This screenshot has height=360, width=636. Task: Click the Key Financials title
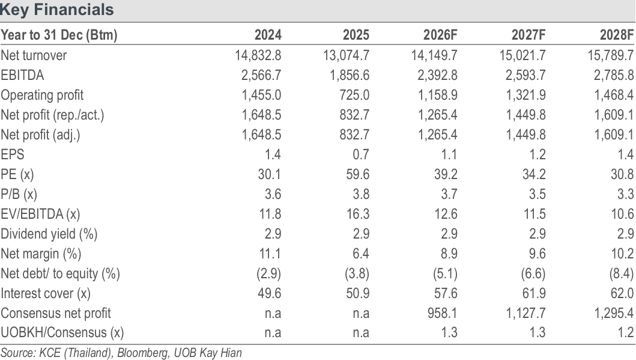pos(57,10)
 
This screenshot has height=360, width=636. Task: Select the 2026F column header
pos(440,35)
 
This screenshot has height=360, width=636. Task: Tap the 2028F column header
pos(617,35)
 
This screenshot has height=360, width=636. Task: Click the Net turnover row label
pos(34,55)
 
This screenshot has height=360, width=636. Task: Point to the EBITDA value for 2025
pos(350,75)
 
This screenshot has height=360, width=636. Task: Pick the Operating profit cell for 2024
pos(261,95)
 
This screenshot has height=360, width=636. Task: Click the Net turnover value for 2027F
pos(522,55)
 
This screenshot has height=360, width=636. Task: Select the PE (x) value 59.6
pos(358,174)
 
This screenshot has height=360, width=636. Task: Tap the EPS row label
pos(13,154)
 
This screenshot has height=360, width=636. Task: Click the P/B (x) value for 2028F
pos(625,194)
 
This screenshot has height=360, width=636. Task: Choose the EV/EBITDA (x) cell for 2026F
pos(446,214)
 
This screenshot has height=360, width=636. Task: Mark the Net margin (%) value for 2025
pos(360,254)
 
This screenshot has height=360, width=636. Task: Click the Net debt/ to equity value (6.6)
pos(533,273)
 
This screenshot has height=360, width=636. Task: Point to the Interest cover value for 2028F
pos(622,293)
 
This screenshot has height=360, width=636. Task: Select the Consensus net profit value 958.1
pos(443,313)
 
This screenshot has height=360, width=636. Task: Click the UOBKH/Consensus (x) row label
pos(62,333)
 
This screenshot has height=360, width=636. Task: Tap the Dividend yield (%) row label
pos(49,234)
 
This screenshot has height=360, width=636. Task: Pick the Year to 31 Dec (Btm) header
pos(59,35)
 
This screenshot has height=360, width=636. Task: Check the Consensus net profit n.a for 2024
pos(273,313)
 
